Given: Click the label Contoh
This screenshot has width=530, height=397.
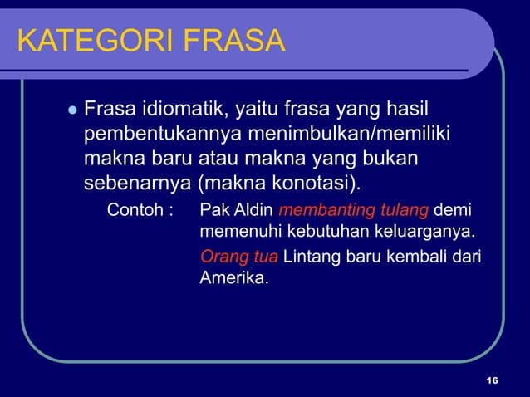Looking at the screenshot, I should coord(135,209).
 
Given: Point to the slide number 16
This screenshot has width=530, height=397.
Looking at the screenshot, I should coord(492,380).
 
